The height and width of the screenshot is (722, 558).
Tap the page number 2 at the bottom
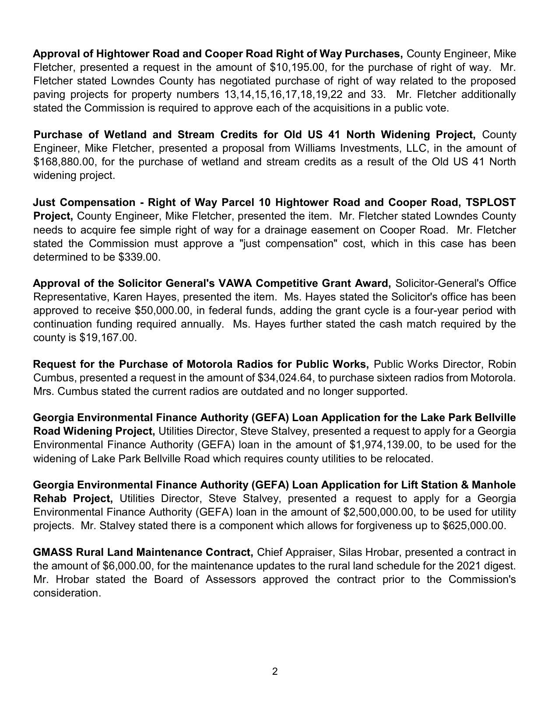[x=275, y=672]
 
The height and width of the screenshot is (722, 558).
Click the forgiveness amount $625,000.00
[x=473, y=526]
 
